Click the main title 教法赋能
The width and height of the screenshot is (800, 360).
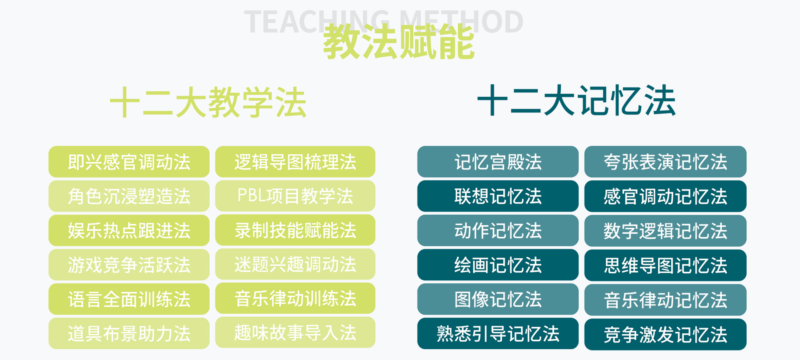[399, 42]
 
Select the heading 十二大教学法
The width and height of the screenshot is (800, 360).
[208, 102]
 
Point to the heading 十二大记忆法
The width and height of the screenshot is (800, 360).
[577, 100]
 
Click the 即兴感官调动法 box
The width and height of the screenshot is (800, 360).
[129, 162]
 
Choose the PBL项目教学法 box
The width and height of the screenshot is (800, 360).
[295, 196]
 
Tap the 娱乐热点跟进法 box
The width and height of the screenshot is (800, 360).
[129, 230]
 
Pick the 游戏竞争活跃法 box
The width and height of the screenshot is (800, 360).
[129, 265]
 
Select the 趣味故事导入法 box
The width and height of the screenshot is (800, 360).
[295, 332]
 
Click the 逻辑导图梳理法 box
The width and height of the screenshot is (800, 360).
[295, 162]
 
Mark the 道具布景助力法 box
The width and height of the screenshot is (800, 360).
[129, 333]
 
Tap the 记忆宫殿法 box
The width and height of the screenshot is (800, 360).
[498, 162]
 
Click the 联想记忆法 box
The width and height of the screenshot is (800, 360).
[498, 196]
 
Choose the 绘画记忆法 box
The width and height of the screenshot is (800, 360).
[498, 265]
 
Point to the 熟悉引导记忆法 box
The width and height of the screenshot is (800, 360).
[498, 333]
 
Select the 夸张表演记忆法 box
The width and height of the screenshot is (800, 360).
[665, 162]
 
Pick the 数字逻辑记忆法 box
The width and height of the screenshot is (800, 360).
[665, 231]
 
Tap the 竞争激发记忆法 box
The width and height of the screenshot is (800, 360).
[665, 334]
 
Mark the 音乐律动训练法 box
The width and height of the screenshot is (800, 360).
[295, 298]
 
